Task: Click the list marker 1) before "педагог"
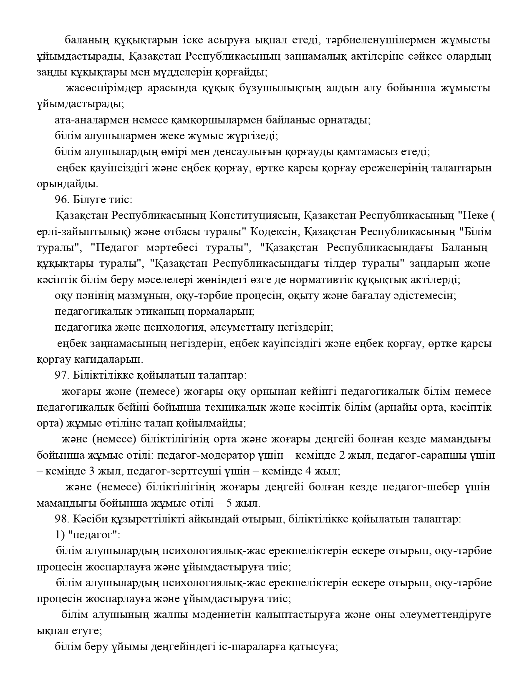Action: [59, 535]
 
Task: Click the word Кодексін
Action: [273, 231]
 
